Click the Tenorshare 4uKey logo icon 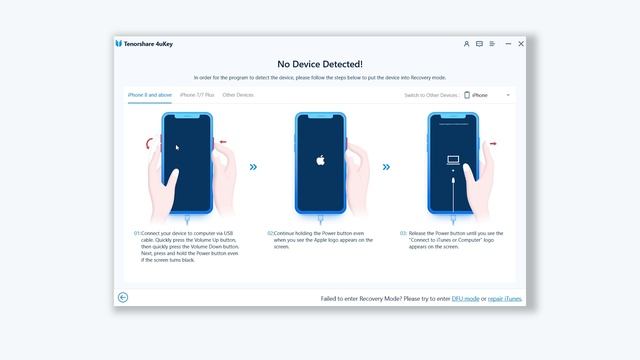coord(119,44)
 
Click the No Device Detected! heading coord(319,63)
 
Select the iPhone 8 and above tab coord(150,95)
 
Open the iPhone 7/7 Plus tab coord(197,95)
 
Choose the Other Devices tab coord(238,95)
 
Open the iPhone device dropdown coord(488,95)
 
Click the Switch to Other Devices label coord(430,95)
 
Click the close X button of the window coord(520,44)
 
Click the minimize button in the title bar coord(507,44)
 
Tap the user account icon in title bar coord(466,44)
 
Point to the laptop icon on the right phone coord(453,158)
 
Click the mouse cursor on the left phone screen coord(178,147)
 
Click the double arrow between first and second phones coord(253,167)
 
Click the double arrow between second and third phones coord(386,167)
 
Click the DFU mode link coord(466,298)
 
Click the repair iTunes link coord(504,298)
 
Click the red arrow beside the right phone coord(493,143)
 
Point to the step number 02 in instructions coord(270,233)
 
